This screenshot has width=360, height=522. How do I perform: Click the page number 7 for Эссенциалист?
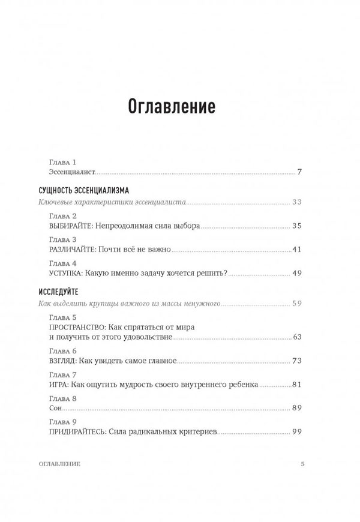[299, 172]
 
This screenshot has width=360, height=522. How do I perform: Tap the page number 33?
[296, 202]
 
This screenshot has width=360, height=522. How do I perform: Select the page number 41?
[296, 249]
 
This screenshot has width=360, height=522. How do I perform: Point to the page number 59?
[296, 303]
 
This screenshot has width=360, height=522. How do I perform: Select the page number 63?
[296, 337]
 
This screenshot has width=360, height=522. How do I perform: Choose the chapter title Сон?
[54, 408]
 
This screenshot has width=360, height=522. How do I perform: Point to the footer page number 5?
[303, 464]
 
